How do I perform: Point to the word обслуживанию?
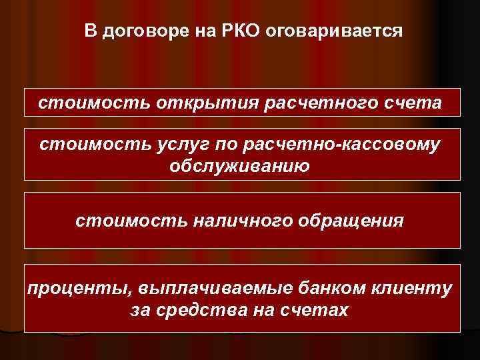(x=240, y=165)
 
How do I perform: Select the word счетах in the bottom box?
(x=314, y=310)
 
